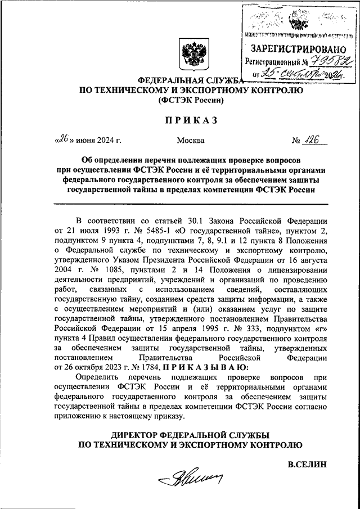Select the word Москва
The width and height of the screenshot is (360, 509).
(x=191, y=140)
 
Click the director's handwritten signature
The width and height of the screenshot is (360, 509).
(x=190, y=479)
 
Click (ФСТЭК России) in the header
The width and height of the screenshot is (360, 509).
(x=191, y=100)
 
